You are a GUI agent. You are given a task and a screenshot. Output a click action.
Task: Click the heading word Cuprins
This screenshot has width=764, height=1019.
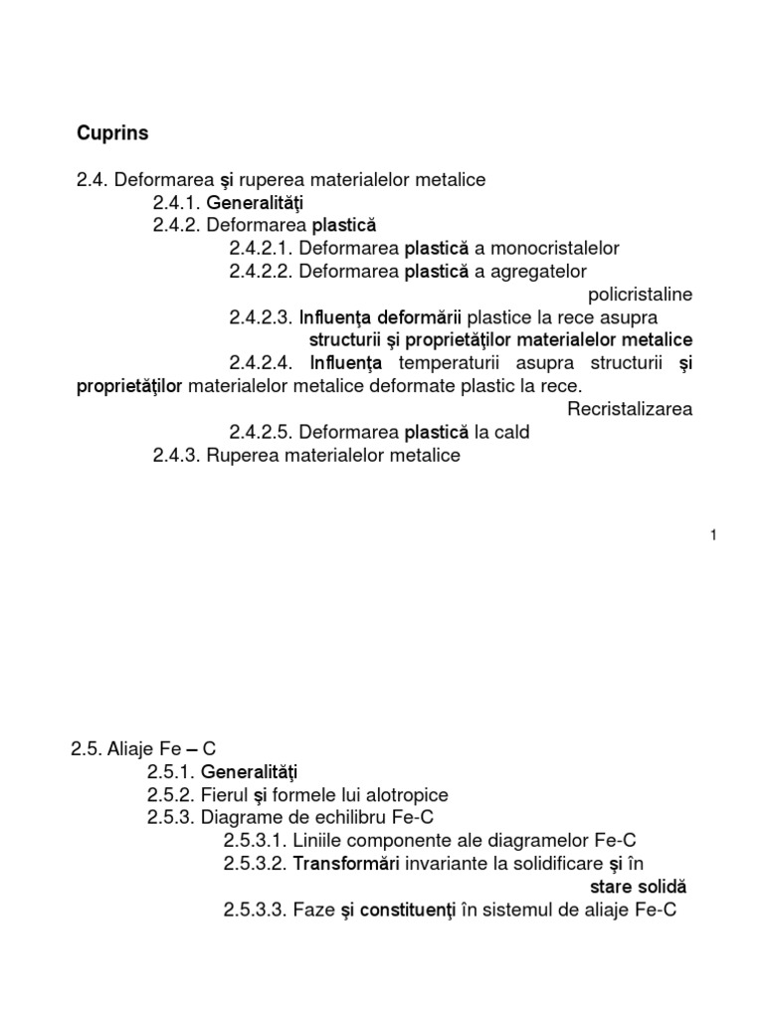pos(112,131)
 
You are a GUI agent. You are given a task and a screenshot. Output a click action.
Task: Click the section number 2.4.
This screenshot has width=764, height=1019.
pos(94,180)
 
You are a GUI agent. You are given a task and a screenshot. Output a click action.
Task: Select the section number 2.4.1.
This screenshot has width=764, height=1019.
pos(177,203)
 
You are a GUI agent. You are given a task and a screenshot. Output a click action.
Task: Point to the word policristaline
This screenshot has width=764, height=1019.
pos(641,295)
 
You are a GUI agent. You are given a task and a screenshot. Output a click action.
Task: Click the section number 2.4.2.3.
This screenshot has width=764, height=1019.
pos(261,317)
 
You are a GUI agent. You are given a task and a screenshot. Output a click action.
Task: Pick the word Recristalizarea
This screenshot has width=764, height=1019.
pos(631,409)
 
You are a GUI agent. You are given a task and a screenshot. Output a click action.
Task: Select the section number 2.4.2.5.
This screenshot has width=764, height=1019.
pos(261,433)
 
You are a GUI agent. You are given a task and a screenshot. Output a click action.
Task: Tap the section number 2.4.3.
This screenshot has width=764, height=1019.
pos(177,456)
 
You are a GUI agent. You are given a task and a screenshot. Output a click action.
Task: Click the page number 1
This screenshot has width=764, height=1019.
pos(713,535)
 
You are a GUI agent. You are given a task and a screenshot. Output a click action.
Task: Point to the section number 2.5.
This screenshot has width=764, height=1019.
pos(88,749)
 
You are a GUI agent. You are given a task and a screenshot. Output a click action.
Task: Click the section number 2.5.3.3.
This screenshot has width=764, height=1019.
pos(256,910)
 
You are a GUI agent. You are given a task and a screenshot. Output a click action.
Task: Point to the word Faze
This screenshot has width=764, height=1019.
pos(313,910)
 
